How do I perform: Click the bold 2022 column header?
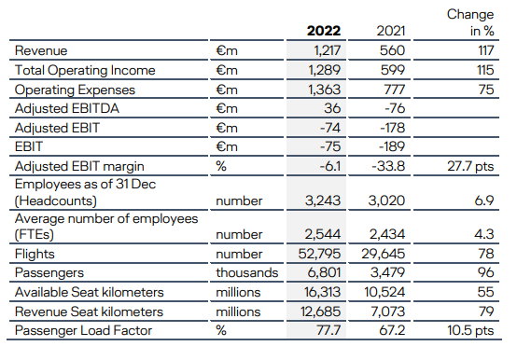(324, 31)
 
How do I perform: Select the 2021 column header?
(391, 31)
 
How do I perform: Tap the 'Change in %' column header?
(470, 22)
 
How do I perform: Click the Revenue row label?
(41, 50)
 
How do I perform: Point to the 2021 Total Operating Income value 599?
(392, 70)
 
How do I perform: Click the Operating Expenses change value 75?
(486, 90)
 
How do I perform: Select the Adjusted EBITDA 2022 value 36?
(332, 108)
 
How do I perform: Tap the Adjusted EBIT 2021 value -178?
(392, 128)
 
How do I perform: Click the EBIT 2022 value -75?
(330, 146)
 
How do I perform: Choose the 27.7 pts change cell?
(470, 166)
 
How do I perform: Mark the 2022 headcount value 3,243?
(323, 201)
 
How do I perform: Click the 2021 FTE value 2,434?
(387, 234)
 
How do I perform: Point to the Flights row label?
(35, 254)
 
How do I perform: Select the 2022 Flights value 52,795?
(319, 254)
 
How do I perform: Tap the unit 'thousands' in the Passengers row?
(247, 272)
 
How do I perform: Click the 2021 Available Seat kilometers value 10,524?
(384, 292)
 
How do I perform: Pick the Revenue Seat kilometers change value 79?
(485, 312)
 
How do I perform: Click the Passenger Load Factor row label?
(83, 330)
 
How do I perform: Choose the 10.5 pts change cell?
(470, 330)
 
